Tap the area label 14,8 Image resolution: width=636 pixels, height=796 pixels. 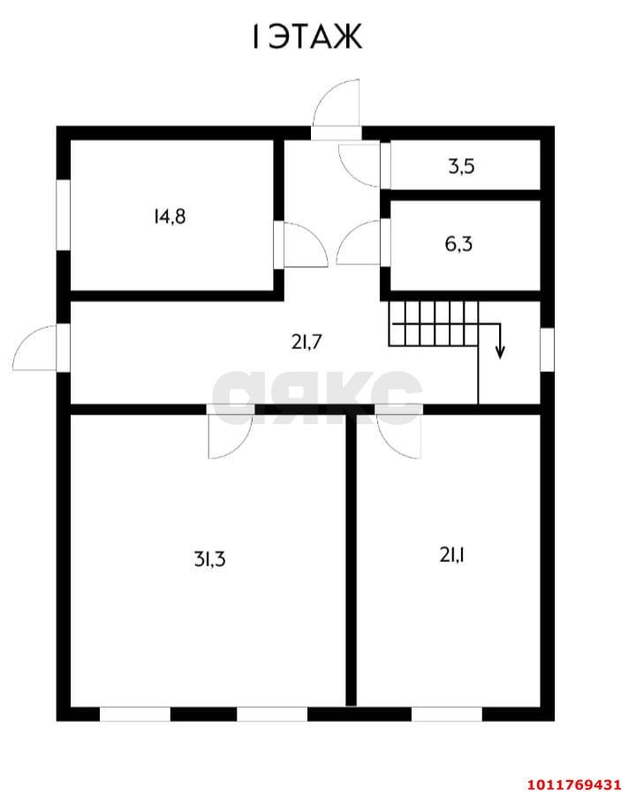click(169, 216)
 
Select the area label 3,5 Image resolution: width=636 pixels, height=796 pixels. click(462, 166)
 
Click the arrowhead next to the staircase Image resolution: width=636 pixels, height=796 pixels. click(500, 352)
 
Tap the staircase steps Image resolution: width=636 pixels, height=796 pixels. click(434, 322)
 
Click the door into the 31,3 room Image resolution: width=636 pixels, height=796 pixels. click(229, 433)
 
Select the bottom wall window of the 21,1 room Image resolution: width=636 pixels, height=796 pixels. click(446, 714)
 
